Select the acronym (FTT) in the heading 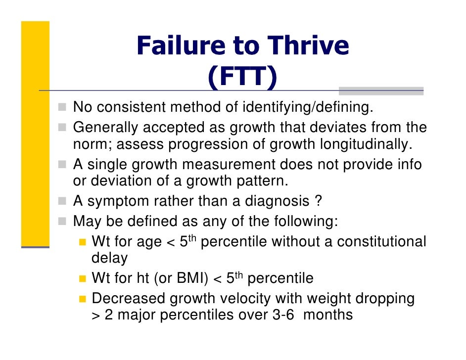[242, 78]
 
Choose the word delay [109, 258]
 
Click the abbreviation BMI [190, 278]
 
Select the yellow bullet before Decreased [82, 299]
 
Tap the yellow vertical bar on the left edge [35, 134]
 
